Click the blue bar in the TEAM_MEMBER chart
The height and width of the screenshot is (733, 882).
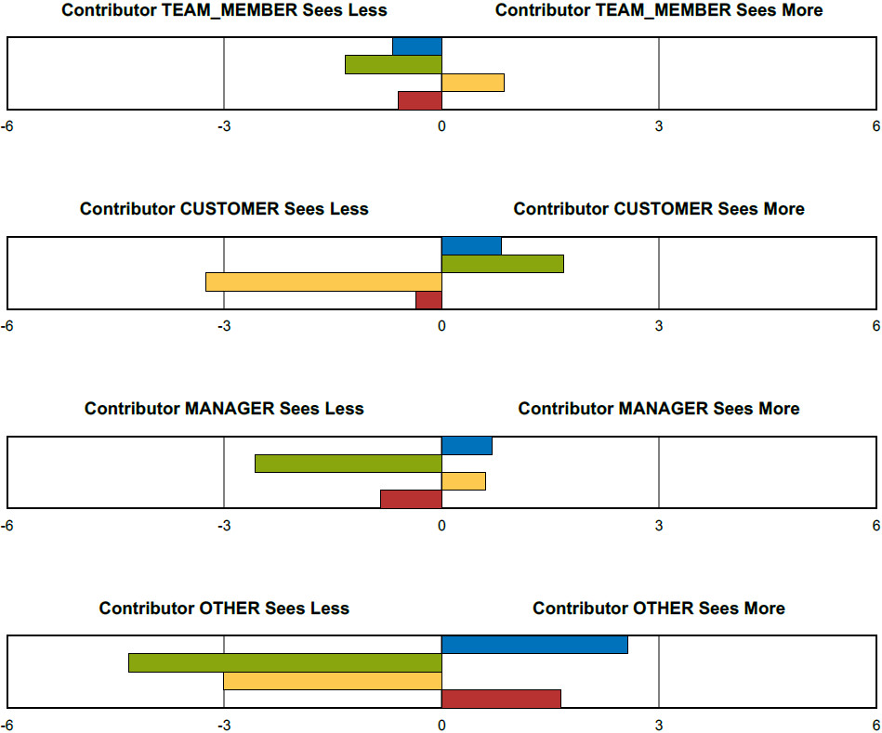click(x=417, y=46)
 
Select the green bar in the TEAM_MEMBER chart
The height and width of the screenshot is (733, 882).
click(x=393, y=64)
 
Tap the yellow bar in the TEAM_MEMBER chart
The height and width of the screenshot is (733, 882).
click(x=473, y=83)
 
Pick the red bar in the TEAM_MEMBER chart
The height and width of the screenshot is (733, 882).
click(x=420, y=100)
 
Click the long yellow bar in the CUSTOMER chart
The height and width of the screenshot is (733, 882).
click(x=323, y=281)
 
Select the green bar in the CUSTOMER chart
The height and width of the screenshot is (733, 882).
click(x=503, y=264)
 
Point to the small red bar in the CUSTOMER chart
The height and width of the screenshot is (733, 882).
click(x=428, y=300)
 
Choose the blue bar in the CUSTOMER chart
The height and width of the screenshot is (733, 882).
click(x=471, y=246)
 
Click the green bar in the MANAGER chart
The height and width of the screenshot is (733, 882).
click(x=349, y=464)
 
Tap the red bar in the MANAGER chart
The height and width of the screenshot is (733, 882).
click(x=411, y=499)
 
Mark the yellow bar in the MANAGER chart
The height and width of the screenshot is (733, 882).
click(x=464, y=481)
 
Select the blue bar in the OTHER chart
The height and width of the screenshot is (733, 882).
click(x=534, y=645)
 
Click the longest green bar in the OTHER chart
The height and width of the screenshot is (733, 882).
click(x=285, y=662)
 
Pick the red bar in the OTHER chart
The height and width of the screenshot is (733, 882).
click(x=501, y=699)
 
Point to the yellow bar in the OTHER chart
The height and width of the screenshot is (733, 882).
click(x=333, y=681)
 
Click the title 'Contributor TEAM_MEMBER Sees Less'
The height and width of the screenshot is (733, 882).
click(x=224, y=10)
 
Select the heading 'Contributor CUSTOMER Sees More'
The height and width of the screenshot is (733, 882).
click(x=659, y=209)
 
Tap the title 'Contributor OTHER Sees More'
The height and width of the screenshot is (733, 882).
click(x=659, y=609)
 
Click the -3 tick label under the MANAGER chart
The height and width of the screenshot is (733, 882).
click(x=224, y=526)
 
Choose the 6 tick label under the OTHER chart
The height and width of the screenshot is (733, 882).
click(x=875, y=726)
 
